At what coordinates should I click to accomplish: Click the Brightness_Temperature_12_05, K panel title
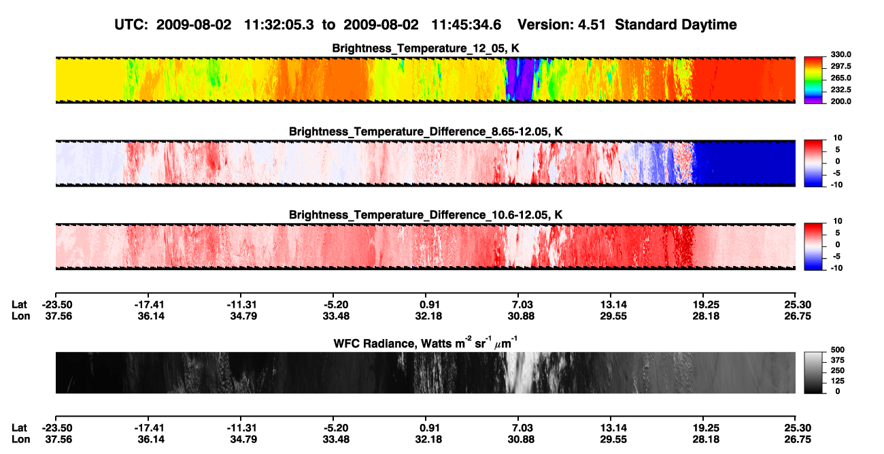[x=426, y=48]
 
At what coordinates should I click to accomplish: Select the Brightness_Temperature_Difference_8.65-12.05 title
[x=426, y=131]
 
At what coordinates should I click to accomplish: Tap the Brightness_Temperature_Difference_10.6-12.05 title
[x=426, y=215]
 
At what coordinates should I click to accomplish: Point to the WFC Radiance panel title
[x=425, y=343]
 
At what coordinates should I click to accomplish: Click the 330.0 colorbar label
[x=840, y=54]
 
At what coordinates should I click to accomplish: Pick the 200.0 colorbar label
[x=840, y=101]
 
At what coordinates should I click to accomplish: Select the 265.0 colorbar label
[x=840, y=78]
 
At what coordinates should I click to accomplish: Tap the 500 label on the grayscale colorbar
[x=838, y=350]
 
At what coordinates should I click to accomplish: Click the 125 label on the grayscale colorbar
[x=838, y=381]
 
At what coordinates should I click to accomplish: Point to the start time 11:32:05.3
[x=279, y=25]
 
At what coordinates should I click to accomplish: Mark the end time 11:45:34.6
[x=466, y=25]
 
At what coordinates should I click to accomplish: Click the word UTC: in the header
[x=131, y=25]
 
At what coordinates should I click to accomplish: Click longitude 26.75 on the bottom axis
[x=798, y=440]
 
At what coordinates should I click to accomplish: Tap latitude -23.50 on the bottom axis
[x=57, y=428]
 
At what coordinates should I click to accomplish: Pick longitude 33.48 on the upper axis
[x=336, y=316]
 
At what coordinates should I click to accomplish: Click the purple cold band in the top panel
[x=520, y=79]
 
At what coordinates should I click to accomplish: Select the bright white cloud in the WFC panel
[x=522, y=372]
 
